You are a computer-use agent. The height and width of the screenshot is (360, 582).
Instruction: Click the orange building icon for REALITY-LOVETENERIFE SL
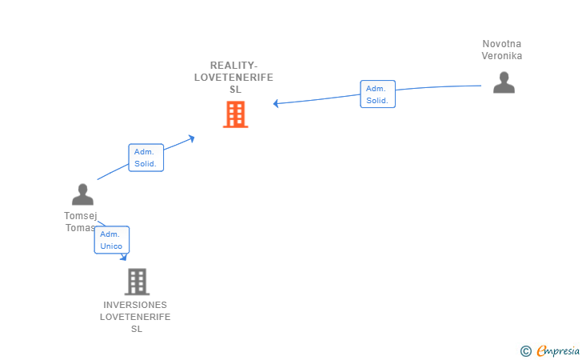(235, 114)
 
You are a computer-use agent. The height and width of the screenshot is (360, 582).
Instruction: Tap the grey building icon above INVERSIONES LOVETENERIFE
(137, 282)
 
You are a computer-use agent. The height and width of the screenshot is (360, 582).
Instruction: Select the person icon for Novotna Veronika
(504, 82)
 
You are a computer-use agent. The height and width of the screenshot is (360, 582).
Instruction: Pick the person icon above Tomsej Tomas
(82, 194)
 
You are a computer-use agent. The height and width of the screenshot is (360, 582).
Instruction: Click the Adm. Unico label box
(112, 240)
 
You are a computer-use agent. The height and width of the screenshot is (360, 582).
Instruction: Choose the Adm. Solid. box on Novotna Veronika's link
(377, 94)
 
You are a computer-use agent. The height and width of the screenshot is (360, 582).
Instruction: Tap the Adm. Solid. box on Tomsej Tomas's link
(145, 158)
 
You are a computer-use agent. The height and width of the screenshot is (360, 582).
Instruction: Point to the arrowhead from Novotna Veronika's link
(276, 103)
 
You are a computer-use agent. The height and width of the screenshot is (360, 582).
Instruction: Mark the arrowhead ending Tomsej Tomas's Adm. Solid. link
(192, 138)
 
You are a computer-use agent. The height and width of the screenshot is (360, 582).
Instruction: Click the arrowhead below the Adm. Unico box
(124, 257)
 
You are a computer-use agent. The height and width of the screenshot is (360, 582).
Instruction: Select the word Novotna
(501, 44)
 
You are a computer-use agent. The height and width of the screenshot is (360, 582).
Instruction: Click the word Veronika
(502, 56)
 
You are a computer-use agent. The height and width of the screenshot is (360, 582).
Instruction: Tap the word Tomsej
(81, 216)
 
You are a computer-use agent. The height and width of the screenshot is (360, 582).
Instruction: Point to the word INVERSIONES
(135, 305)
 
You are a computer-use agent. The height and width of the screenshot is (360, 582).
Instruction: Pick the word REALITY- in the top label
(233, 66)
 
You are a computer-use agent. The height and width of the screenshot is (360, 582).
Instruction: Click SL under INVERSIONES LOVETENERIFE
(137, 329)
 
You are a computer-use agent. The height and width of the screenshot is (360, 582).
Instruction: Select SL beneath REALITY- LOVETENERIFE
(235, 89)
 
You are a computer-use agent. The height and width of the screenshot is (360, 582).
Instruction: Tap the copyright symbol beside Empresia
(525, 351)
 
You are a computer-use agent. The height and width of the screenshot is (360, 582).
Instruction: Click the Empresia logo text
(558, 350)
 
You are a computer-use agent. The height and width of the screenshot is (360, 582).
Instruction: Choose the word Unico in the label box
(111, 246)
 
